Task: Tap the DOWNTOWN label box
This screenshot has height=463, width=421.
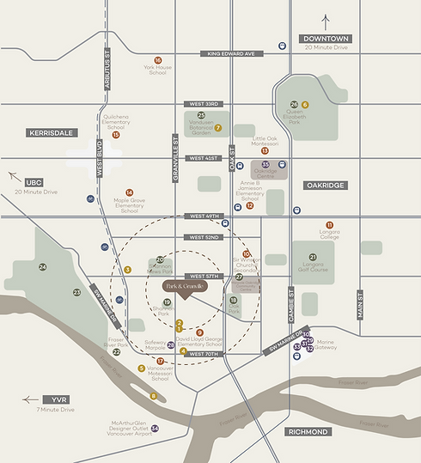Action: click(326, 40)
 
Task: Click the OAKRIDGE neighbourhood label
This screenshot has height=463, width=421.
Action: click(324, 185)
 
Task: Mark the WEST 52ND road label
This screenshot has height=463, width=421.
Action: click(204, 237)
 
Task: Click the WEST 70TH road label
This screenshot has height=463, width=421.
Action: click(204, 354)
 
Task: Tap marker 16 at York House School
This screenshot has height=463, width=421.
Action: click(157, 60)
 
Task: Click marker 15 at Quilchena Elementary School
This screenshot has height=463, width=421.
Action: click(115, 135)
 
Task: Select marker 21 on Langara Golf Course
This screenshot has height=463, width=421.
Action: click(313, 257)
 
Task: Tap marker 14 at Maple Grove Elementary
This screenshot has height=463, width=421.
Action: click(130, 192)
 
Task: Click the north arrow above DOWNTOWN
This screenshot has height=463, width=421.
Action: click(326, 21)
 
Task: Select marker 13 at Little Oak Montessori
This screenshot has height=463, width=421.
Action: click(265, 150)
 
